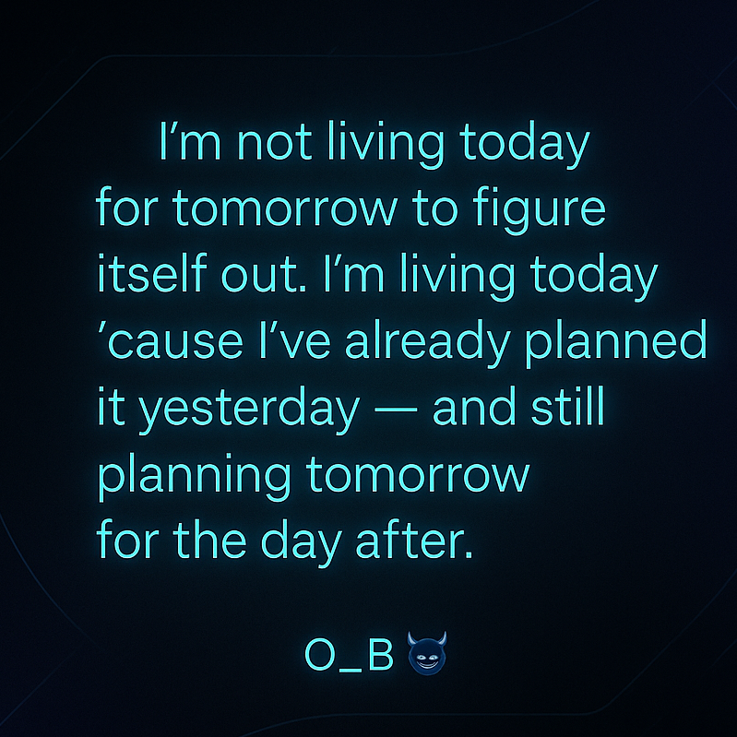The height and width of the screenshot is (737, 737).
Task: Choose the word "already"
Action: [427, 345]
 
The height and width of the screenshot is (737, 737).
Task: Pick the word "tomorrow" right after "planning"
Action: [421, 477]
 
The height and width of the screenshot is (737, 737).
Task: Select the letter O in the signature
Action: [319, 655]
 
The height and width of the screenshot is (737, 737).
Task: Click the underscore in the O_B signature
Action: [351, 671]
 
